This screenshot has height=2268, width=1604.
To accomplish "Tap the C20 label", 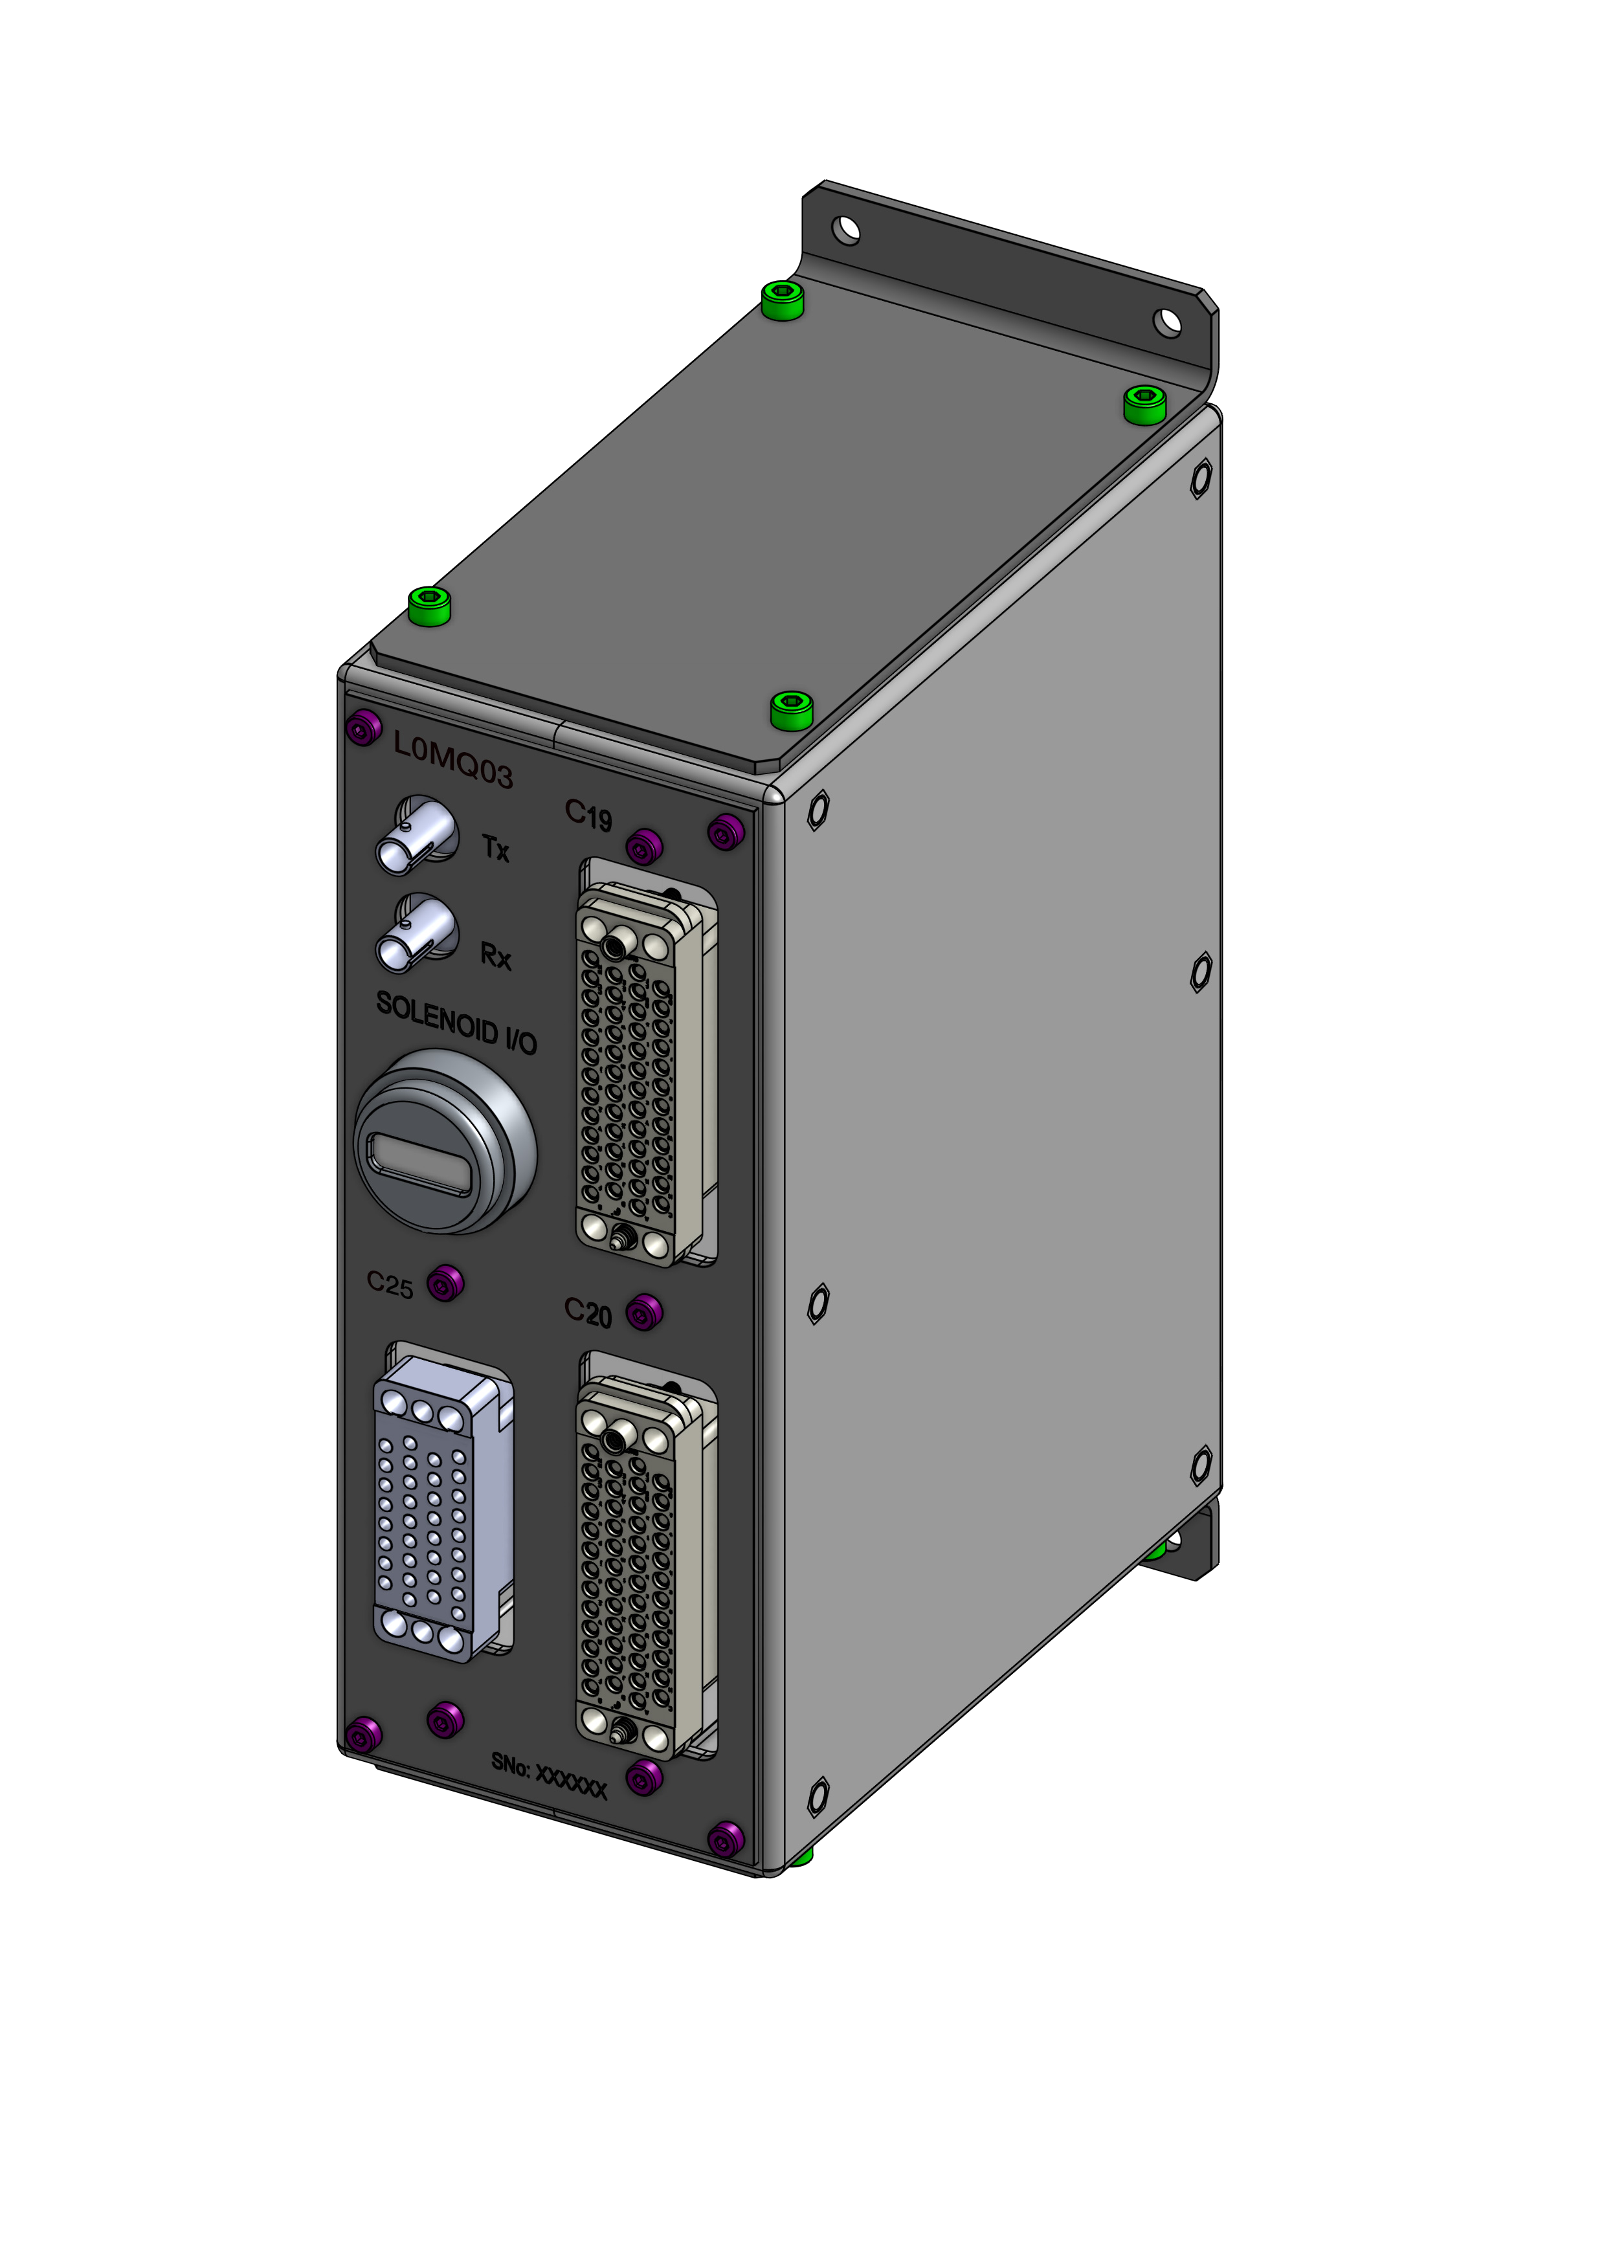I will [x=588, y=1312].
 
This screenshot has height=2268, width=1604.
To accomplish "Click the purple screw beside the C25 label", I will [x=445, y=1283].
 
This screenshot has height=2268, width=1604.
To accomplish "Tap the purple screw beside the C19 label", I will [x=644, y=845].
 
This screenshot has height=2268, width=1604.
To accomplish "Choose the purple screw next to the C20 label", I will [x=644, y=1313].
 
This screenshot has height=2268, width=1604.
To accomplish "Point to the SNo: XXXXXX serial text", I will [x=549, y=1775].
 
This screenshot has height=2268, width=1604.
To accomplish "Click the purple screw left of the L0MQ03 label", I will [x=364, y=729].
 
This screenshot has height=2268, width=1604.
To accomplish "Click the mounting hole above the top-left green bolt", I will [x=845, y=230].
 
